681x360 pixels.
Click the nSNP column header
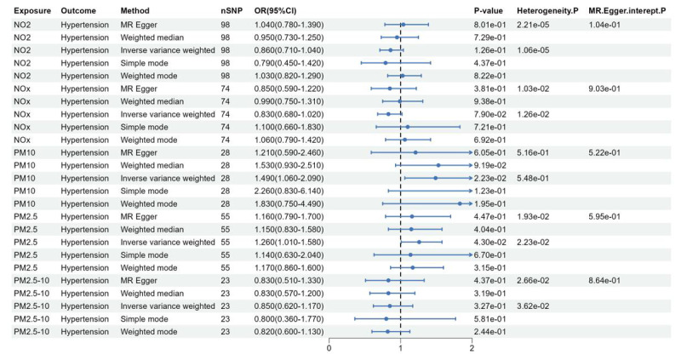click(231, 11)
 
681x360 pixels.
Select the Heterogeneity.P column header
click(547, 11)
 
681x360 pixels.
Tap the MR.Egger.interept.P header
click(627, 11)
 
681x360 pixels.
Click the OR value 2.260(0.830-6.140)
click(289, 191)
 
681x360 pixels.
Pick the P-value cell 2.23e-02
click(490, 178)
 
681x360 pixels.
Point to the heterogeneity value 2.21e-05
click(533, 25)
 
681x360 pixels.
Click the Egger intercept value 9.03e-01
click(604, 89)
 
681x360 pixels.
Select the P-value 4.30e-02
click(490, 243)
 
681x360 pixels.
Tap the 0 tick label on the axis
click(329, 348)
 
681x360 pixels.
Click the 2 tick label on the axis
click(472, 348)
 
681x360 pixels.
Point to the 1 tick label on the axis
click(400, 348)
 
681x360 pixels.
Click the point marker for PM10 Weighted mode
click(460, 203)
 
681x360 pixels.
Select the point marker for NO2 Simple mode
click(386, 63)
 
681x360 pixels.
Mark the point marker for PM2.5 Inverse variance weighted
click(419, 243)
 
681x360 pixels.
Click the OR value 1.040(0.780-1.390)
click(289, 25)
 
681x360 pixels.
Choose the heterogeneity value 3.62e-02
click(533, 306)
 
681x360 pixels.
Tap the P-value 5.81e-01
click(490, 319)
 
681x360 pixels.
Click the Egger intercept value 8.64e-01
click(604, 281)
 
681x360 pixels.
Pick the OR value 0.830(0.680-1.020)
click(289, 114)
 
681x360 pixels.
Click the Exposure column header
click(32, 11)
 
